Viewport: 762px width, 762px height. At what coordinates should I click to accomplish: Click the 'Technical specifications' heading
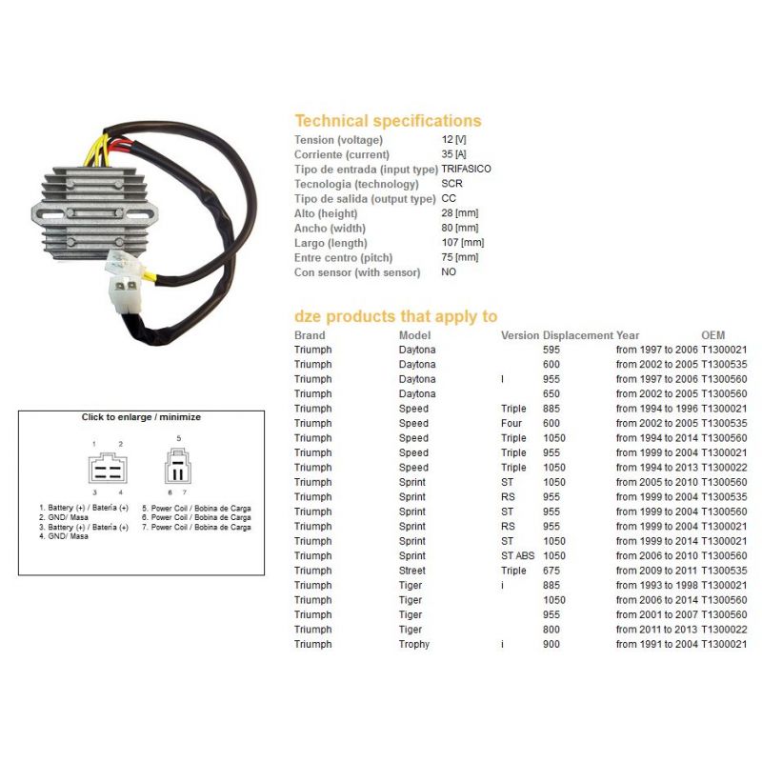[388, 121]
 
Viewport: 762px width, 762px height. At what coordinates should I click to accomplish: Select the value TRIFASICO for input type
[466, 169]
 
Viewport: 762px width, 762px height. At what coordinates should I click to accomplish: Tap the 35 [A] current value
[454, 154]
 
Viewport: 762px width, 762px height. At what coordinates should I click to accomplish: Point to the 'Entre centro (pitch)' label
[343, 257]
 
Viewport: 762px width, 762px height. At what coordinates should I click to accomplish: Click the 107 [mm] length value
[463, 243]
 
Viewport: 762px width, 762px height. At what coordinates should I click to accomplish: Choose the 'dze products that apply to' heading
[395, 316]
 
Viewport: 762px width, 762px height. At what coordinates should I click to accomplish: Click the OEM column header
[712, 335]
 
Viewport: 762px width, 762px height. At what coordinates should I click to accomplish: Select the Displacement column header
[578, 335]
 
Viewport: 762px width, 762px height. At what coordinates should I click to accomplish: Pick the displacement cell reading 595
[551, 350]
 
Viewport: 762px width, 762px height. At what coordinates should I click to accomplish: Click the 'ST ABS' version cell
[517, 556]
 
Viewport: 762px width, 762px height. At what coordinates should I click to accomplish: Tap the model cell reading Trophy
[414, 645]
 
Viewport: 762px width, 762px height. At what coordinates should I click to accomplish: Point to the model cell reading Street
[412, 571]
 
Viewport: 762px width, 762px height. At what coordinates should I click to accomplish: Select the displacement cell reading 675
[551, 571]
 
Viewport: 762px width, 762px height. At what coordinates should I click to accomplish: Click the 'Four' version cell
[511, 423]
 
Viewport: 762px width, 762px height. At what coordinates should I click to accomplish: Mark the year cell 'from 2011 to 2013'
[656, 630]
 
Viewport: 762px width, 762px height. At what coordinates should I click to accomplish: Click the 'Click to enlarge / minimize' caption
[141, 417]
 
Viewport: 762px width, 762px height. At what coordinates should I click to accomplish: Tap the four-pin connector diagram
[109, 468]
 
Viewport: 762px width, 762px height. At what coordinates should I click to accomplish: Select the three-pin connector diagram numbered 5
[178, 466]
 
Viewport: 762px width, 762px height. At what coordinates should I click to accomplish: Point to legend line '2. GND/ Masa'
[64, 517]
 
